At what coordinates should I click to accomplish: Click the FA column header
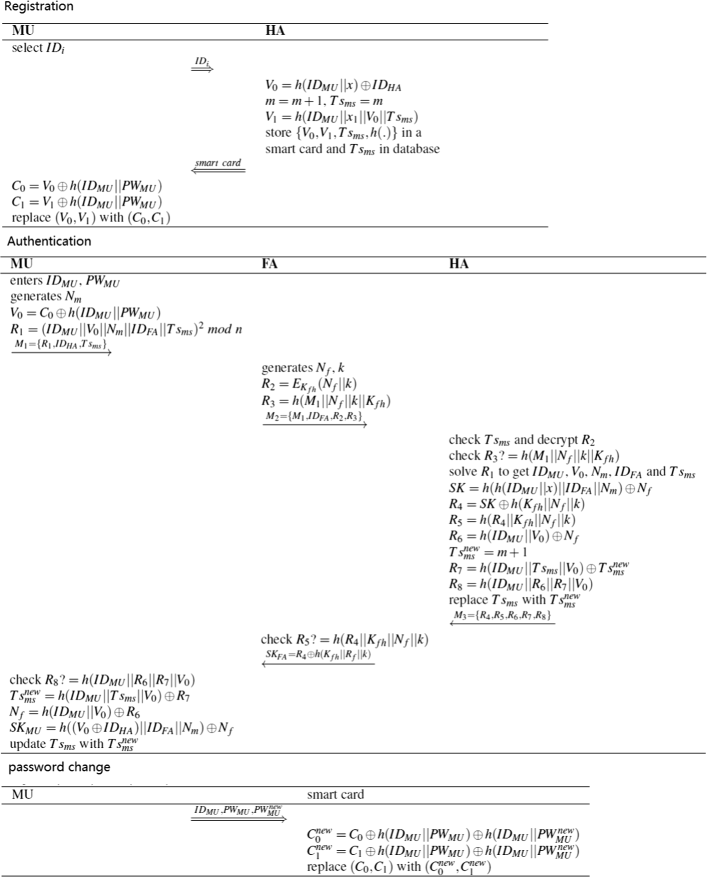[x=270, y=265]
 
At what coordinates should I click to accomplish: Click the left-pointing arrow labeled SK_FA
[x=318, y=657]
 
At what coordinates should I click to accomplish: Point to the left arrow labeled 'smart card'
[x=219, y=166]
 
